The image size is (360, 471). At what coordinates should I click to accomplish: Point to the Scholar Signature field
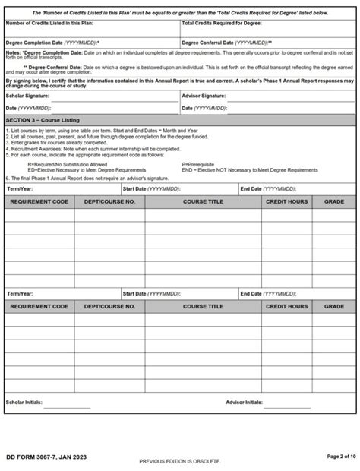click(x=114, y=96)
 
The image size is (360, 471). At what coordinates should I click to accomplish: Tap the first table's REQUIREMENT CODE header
click(x=39, y=201)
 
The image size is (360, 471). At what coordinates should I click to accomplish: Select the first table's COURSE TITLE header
click(x=203, y=201)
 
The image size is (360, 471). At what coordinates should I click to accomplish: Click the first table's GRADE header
click(x=333, y=201)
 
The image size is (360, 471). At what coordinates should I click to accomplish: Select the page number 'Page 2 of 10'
click(x=336, y=456)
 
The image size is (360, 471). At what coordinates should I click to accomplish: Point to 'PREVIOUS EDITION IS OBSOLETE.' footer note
click(x=180, y=461)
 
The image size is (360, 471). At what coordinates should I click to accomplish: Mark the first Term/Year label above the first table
click(x=19, y=188)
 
